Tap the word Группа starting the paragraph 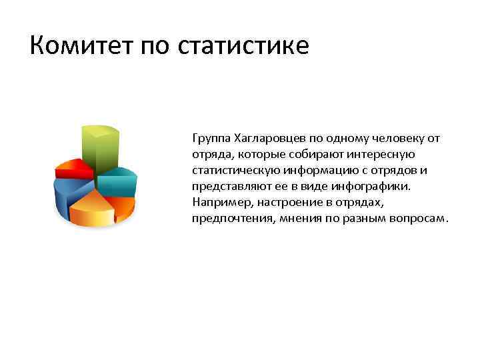click(211, 139)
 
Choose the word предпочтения click(229, 219)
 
